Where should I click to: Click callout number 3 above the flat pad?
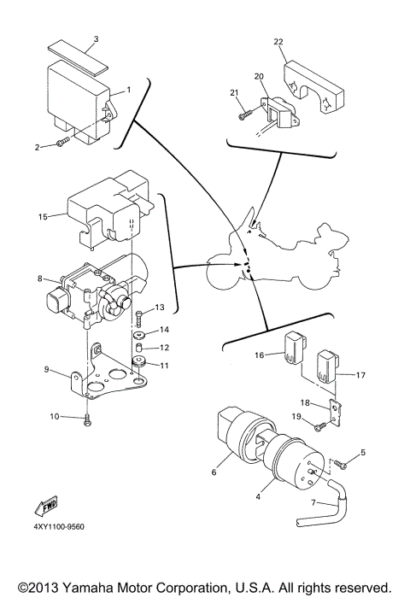[x=96, y=39]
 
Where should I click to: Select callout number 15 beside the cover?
[x=43, y=218]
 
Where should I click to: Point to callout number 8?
[x=39, y=278]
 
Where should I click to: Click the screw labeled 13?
[x=138, y=317]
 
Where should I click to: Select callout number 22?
[x=278, y=40]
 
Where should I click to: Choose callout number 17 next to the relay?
[x=361, y=373]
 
